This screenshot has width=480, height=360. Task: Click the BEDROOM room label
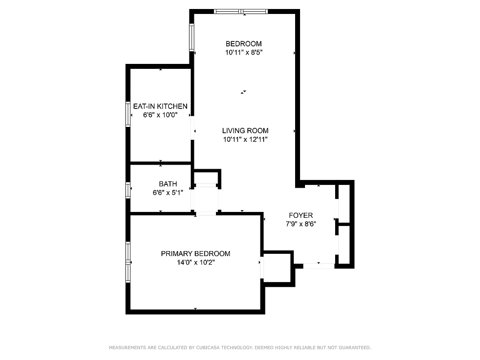pos(243,44)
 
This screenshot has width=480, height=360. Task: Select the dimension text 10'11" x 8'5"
pos(243,52)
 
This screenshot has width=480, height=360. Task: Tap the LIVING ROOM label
pos(245,131)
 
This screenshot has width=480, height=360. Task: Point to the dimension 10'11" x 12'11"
pos(245,139)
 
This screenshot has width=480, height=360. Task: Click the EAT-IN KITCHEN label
pos(160,107)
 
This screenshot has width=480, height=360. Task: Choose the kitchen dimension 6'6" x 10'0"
pos(160,115)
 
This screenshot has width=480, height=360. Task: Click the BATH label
pos(168,184)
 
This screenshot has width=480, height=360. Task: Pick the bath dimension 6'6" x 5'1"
pos(168,193)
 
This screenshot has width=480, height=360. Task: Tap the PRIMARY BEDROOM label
pos(195,254)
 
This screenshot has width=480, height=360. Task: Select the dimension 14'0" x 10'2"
pos(195,262)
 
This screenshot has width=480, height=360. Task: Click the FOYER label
pos(301,216)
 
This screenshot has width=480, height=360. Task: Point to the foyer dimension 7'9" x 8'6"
pos(301,224)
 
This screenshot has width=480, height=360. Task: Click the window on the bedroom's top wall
pos(241,11)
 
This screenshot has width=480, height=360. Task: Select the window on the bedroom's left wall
pos(192,37)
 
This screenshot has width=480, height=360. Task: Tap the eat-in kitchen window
pos(128,115)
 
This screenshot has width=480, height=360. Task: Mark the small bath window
pos(128,190)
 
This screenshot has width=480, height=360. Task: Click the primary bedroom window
pos(128,262)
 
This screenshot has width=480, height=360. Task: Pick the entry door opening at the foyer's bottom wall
pos(319,266)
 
